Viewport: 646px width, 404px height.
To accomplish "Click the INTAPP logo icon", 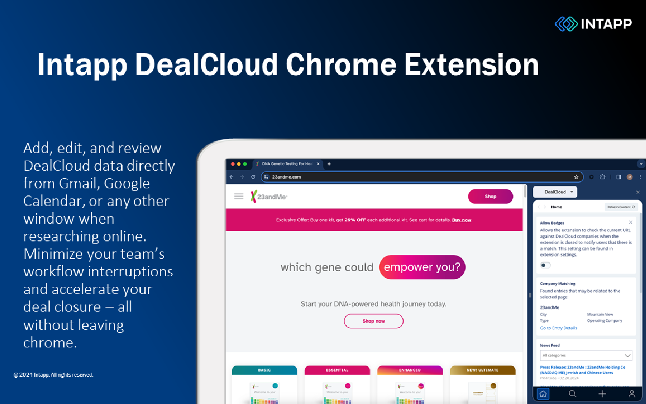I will coord(566,24).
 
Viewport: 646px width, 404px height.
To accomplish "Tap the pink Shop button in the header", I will coord(490,196).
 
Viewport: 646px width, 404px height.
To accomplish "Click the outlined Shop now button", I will coord(373,321).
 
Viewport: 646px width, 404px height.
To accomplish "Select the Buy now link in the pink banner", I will coord(461,220).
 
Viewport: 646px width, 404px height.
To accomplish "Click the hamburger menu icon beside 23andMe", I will coord(239,196).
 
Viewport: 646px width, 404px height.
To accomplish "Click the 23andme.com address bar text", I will coord(287,177).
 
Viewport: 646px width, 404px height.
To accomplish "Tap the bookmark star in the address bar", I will coord(576,177).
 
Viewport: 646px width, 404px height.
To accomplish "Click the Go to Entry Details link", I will coord(558,328).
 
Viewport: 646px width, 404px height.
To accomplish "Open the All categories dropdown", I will coord(585,356).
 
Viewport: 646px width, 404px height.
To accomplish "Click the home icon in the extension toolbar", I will coord(543,394).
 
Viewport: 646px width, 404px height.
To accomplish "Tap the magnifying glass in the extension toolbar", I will coord(572,394).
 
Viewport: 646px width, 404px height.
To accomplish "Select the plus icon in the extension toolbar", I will coord(602,394).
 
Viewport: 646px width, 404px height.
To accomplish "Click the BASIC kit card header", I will coord(264,370).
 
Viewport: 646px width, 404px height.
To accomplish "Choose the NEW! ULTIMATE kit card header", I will coord(482,370).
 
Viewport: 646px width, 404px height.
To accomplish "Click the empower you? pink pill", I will coord(422,267).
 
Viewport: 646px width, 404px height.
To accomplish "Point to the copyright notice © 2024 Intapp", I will coord(53,375).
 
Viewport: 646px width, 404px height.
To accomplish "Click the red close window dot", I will coord(233,164).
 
